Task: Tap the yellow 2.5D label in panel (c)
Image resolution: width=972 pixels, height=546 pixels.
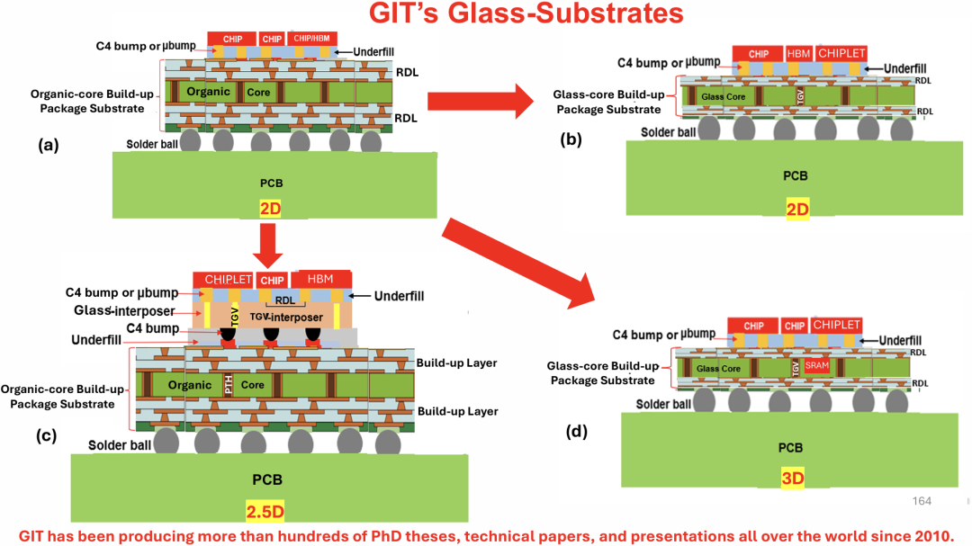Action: (x=265, y=513)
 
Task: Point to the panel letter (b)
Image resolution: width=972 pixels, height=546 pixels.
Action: (x=573, y=140)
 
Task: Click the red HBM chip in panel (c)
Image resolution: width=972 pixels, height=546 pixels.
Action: (x=321, y=280)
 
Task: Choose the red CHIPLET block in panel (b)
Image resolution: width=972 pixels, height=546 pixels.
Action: (x=841, y=53)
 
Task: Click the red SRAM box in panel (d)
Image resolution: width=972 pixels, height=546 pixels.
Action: (x=816, y=365)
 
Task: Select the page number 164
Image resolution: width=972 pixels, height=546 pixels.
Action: (x=922, y=501)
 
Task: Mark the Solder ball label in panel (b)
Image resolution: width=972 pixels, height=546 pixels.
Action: (x=668, y=133)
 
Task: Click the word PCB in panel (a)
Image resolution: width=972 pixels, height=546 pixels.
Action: (x=271, y=183)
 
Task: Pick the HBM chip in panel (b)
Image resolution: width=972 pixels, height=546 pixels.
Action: (x=798, y=53)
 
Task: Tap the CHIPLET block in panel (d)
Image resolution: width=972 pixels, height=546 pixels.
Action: (x=836, y=325)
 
